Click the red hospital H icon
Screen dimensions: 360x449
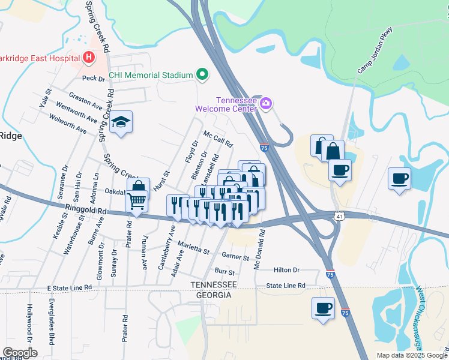[89, 58]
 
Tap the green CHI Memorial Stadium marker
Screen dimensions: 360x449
[202, 75]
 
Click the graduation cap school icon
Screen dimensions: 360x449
[121, 122]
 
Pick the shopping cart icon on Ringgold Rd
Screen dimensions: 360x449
[137, 202]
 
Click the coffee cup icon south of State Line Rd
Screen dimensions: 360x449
[323, 308]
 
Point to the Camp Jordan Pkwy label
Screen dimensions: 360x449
[375, 50]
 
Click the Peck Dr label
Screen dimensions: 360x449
[93, 78]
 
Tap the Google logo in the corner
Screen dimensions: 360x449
[20, 353]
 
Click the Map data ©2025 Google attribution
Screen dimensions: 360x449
[411, 355]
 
